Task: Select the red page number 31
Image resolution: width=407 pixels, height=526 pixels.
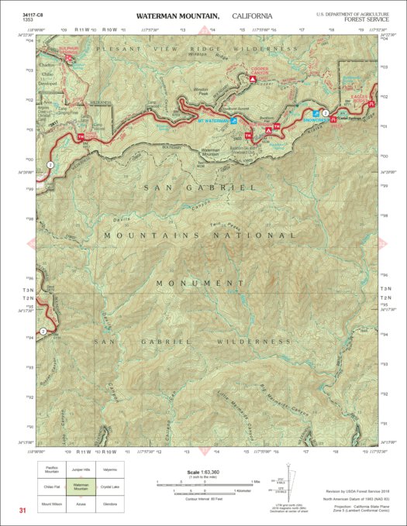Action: click(23, 510)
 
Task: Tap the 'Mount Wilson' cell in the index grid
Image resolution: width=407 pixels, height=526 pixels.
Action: click(52, 504)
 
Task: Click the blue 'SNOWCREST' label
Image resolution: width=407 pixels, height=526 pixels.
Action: click(316, 121)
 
